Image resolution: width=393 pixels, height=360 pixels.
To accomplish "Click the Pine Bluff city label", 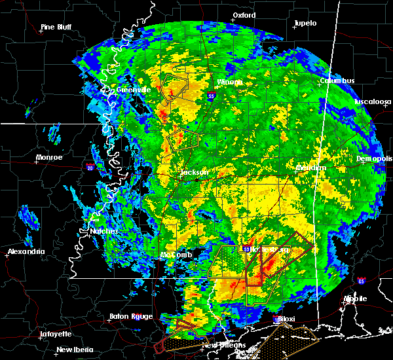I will [x=56, y=27].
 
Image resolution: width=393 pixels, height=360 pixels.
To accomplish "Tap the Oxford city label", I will [x=244, y=14].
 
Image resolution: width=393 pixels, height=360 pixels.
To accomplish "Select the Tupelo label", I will [x=305, y=23].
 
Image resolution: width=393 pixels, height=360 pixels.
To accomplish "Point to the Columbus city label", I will [x=337, y=81].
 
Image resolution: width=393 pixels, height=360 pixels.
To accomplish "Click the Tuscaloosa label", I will [x=373, y=101].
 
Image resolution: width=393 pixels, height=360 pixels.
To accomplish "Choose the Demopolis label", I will [x=373, y=159].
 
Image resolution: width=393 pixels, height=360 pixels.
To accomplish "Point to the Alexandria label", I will [x=26, y=251].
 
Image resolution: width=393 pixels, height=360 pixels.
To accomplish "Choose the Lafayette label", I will [x=56, y=333].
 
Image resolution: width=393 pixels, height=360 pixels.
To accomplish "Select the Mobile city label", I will [x=356, y=298].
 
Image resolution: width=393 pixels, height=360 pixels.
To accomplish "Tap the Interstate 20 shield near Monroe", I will [x=89, y=168].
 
